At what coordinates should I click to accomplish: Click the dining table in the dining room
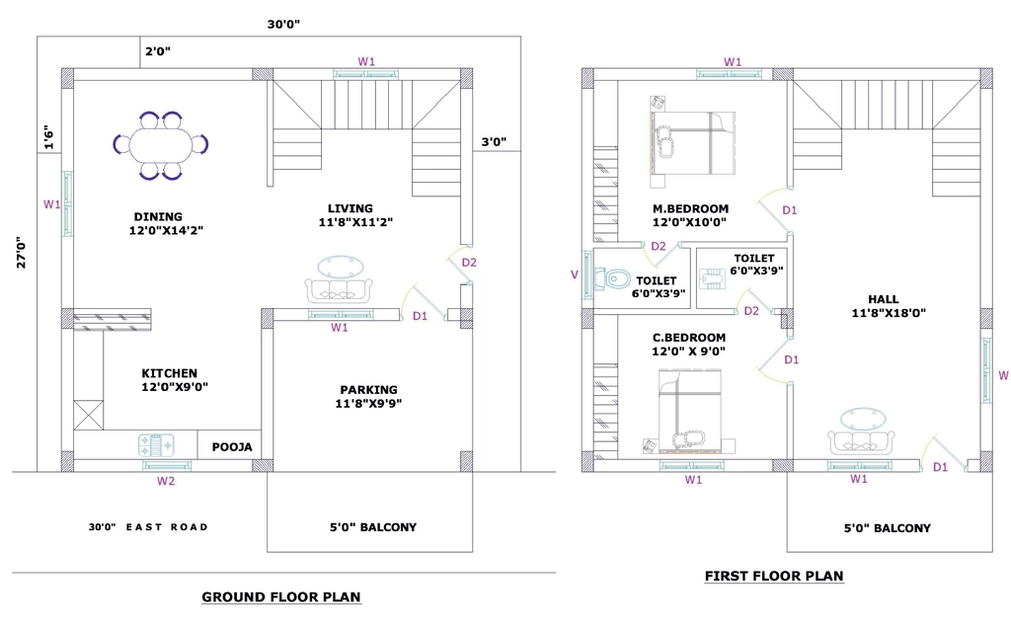[x=161, y=145]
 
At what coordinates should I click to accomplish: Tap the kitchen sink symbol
[x=157, y=445]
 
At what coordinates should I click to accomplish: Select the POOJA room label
[x=232, y=447]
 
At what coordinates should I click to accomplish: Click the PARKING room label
[x=369, y=389]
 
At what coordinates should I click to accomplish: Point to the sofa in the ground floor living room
[x=339, y=290]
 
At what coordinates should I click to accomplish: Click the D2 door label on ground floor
[x=469, y=263]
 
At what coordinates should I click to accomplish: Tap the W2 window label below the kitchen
[x=166, y=481]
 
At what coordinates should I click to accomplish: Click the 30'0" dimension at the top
[x=283, y=25]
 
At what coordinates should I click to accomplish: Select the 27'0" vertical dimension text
[x=22, y=252]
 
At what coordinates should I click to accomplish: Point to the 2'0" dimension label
[x=158, y=51]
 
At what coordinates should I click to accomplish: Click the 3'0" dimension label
[x=494, y=141]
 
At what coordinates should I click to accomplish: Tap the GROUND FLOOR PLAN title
[x=281, y=597]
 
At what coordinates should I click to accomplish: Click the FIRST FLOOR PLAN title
[x=774, y=576]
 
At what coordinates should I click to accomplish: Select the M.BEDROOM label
[x=690, y=208]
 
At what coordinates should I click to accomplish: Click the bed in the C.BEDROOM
[x=690, y=410]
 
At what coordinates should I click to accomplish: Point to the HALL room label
[x=884, y=299]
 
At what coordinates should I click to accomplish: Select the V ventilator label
[x=575, y=275]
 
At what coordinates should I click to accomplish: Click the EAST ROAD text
[x=167, y=526]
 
